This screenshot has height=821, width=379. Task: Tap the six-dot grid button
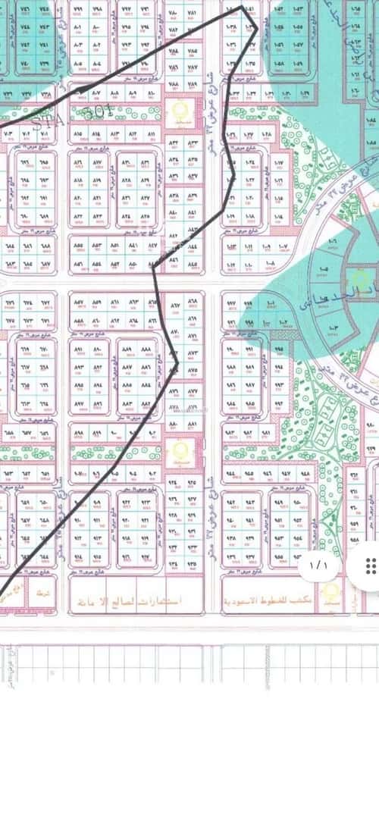371,566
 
